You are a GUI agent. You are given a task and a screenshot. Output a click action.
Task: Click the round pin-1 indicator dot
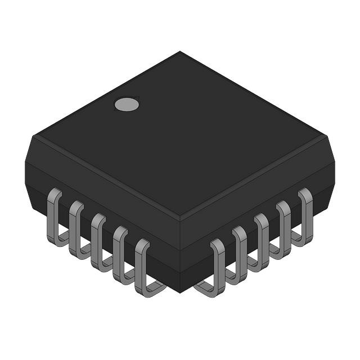127,104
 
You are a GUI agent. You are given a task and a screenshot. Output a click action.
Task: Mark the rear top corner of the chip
180,52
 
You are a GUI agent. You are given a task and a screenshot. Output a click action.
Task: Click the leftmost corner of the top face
33,136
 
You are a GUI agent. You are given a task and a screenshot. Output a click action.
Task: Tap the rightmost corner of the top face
327,136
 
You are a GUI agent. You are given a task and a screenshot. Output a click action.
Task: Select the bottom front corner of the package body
180,292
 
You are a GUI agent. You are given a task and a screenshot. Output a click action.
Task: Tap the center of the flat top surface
180,135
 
